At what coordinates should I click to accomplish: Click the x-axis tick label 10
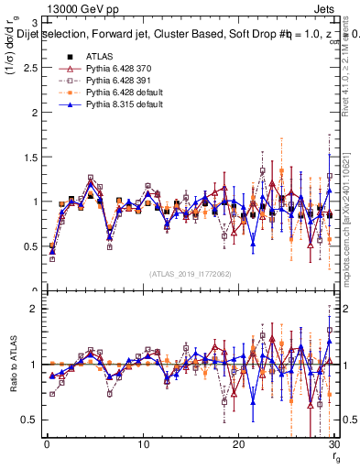142,444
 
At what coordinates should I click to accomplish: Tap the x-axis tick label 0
47,444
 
